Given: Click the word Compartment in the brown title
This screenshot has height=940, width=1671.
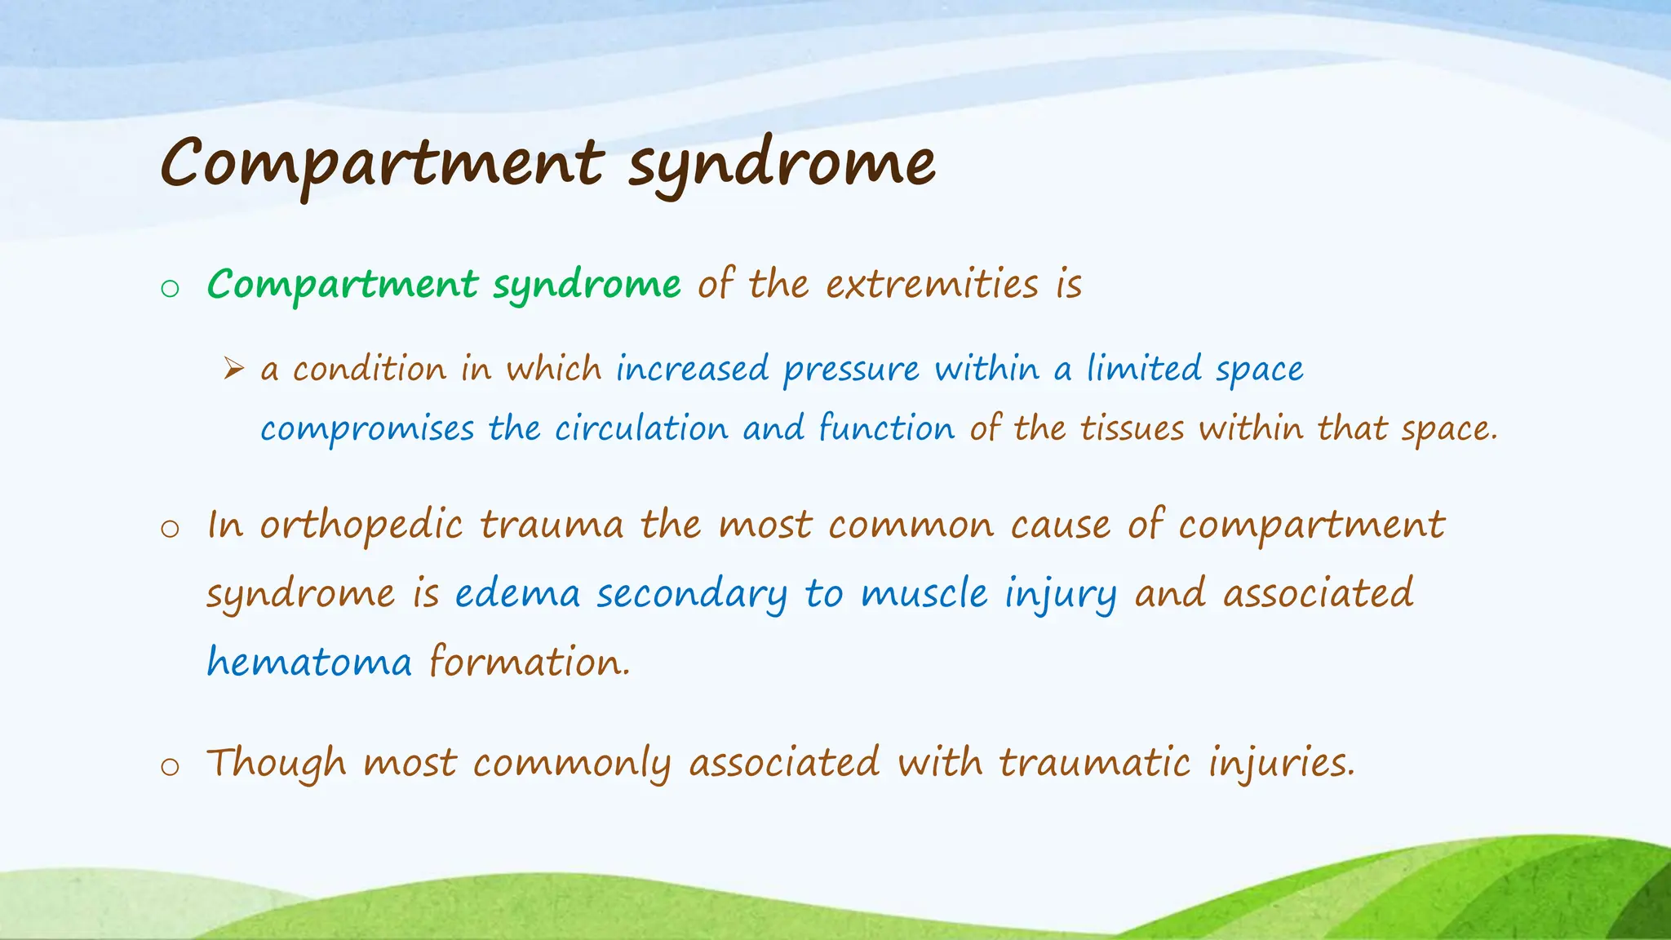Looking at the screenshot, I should click(x=382, y=163).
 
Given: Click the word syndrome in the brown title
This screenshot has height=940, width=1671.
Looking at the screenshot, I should click(x=782, y=163).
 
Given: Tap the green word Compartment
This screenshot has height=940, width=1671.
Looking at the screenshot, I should click(x=343, y=285).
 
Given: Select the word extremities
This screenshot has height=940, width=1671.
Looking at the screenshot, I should click(x=932, y=285).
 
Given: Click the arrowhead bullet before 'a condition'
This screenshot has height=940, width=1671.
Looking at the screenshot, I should click(x=234, y=370).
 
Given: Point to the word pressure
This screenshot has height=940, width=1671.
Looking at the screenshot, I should click(x=851, y=370).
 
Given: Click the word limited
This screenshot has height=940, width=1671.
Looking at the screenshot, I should click(x=1143, y=369).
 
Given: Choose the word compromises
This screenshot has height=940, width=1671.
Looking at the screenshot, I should click(x=367, y=429).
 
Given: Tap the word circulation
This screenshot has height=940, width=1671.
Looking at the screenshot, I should click(x=641, y=429).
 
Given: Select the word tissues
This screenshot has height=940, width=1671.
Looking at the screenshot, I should click(x=1132, y=429).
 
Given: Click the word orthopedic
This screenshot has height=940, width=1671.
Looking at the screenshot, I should click(x=361, y=525).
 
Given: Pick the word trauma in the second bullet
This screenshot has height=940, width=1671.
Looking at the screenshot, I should click(x=552, y=525).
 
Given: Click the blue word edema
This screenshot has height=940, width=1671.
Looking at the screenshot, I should click(x=517, y=593).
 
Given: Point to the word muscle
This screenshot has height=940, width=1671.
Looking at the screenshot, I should click(x=924, y=593).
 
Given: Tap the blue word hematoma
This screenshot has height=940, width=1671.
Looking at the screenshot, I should click(x=309, y=661).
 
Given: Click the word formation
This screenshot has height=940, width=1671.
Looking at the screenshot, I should click(x=530, y=661).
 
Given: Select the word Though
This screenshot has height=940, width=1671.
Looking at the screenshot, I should click(x=277, y=764).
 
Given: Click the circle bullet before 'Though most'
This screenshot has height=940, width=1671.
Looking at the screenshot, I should click(x=170, y=767).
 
